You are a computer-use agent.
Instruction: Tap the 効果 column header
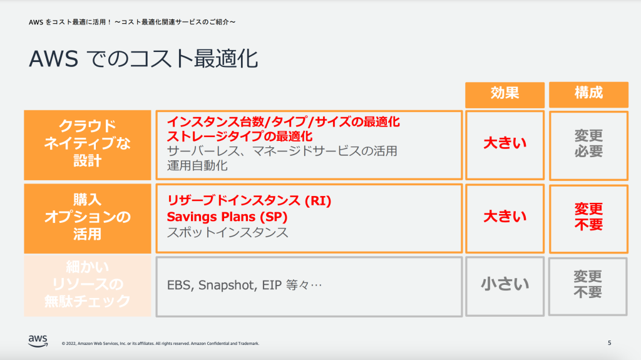pos(504,93)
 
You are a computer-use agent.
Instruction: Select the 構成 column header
pos(588,93)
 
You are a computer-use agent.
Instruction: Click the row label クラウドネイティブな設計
pos(88,143)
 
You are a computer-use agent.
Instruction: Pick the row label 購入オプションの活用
pos(88,217)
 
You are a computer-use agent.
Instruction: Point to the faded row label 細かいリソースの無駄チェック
pos(88,285)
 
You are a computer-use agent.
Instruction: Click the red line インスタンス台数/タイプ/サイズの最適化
pos(283,121)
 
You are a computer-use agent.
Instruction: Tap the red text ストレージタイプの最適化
pos(239,136)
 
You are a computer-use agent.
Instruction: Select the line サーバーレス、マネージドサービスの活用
pos(282,151)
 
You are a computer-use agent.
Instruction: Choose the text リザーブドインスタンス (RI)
pos(249,201)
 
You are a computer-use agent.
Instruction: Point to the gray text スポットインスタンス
pos(227,232)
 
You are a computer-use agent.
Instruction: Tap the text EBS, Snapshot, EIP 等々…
pos(244,285)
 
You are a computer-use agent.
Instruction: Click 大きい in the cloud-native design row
pos(505,143)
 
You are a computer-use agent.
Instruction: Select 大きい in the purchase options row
pos(505,217)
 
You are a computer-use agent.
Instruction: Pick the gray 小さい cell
pos(505,285)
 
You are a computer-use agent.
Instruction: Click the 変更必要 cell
pos(588,143)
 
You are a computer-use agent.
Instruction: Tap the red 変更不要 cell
pos(588,217)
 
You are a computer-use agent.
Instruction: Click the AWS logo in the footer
pos(38,340)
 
